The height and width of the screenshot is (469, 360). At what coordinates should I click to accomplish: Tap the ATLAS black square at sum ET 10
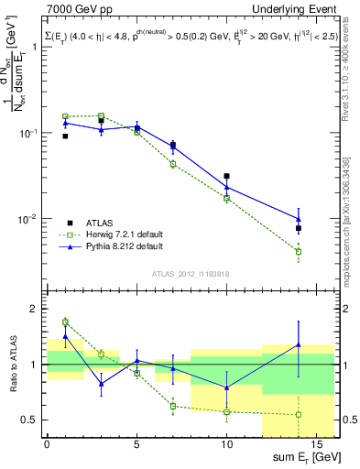[226, 176]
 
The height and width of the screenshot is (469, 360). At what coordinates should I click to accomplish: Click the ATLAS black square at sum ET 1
[65, 136]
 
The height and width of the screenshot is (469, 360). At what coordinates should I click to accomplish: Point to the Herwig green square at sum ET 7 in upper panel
[173, 164]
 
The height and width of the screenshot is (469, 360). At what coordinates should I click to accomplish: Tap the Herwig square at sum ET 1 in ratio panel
[65, 322]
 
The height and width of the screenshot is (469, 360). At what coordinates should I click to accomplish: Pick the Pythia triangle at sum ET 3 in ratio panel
[101, 384]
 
